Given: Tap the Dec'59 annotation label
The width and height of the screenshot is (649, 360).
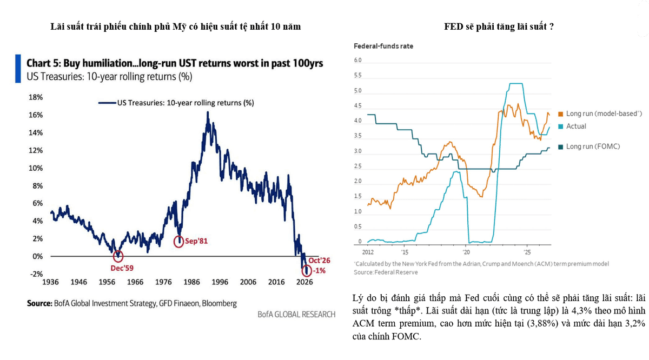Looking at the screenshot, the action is [x=122, y=268].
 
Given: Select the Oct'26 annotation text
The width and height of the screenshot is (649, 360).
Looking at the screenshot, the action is [x=319, y=261].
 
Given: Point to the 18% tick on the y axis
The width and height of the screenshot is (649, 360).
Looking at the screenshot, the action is [x=35, y=97].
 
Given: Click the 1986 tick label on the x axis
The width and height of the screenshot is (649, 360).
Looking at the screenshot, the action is [x=191, y=282].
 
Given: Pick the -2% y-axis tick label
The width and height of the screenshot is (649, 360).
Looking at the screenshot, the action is [x=36, y=274].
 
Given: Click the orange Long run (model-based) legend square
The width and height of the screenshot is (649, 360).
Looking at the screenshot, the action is [x=561, y=114].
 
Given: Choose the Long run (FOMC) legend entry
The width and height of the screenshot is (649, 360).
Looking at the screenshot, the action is [x=589, y=146].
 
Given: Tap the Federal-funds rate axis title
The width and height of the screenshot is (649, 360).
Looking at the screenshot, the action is [x=383, y=46].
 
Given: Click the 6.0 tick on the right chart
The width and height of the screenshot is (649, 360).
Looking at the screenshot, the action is [x=357, y=60].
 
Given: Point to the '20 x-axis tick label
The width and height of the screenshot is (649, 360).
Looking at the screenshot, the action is [x=466, y=252].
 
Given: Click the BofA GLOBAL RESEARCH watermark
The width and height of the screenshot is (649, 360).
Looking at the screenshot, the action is [x=296, y=314].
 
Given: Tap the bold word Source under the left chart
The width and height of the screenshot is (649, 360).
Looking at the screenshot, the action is [x=39, y=303].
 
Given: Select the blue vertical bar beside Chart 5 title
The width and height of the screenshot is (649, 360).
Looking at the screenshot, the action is [x=18, y=69].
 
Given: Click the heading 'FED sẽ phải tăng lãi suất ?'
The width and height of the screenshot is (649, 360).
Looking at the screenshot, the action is [x=499, y=26].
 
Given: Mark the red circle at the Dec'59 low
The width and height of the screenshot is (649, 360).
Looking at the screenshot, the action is [x=118, y=256].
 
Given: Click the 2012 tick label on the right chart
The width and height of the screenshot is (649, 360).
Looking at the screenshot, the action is [x=368, y=252].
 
